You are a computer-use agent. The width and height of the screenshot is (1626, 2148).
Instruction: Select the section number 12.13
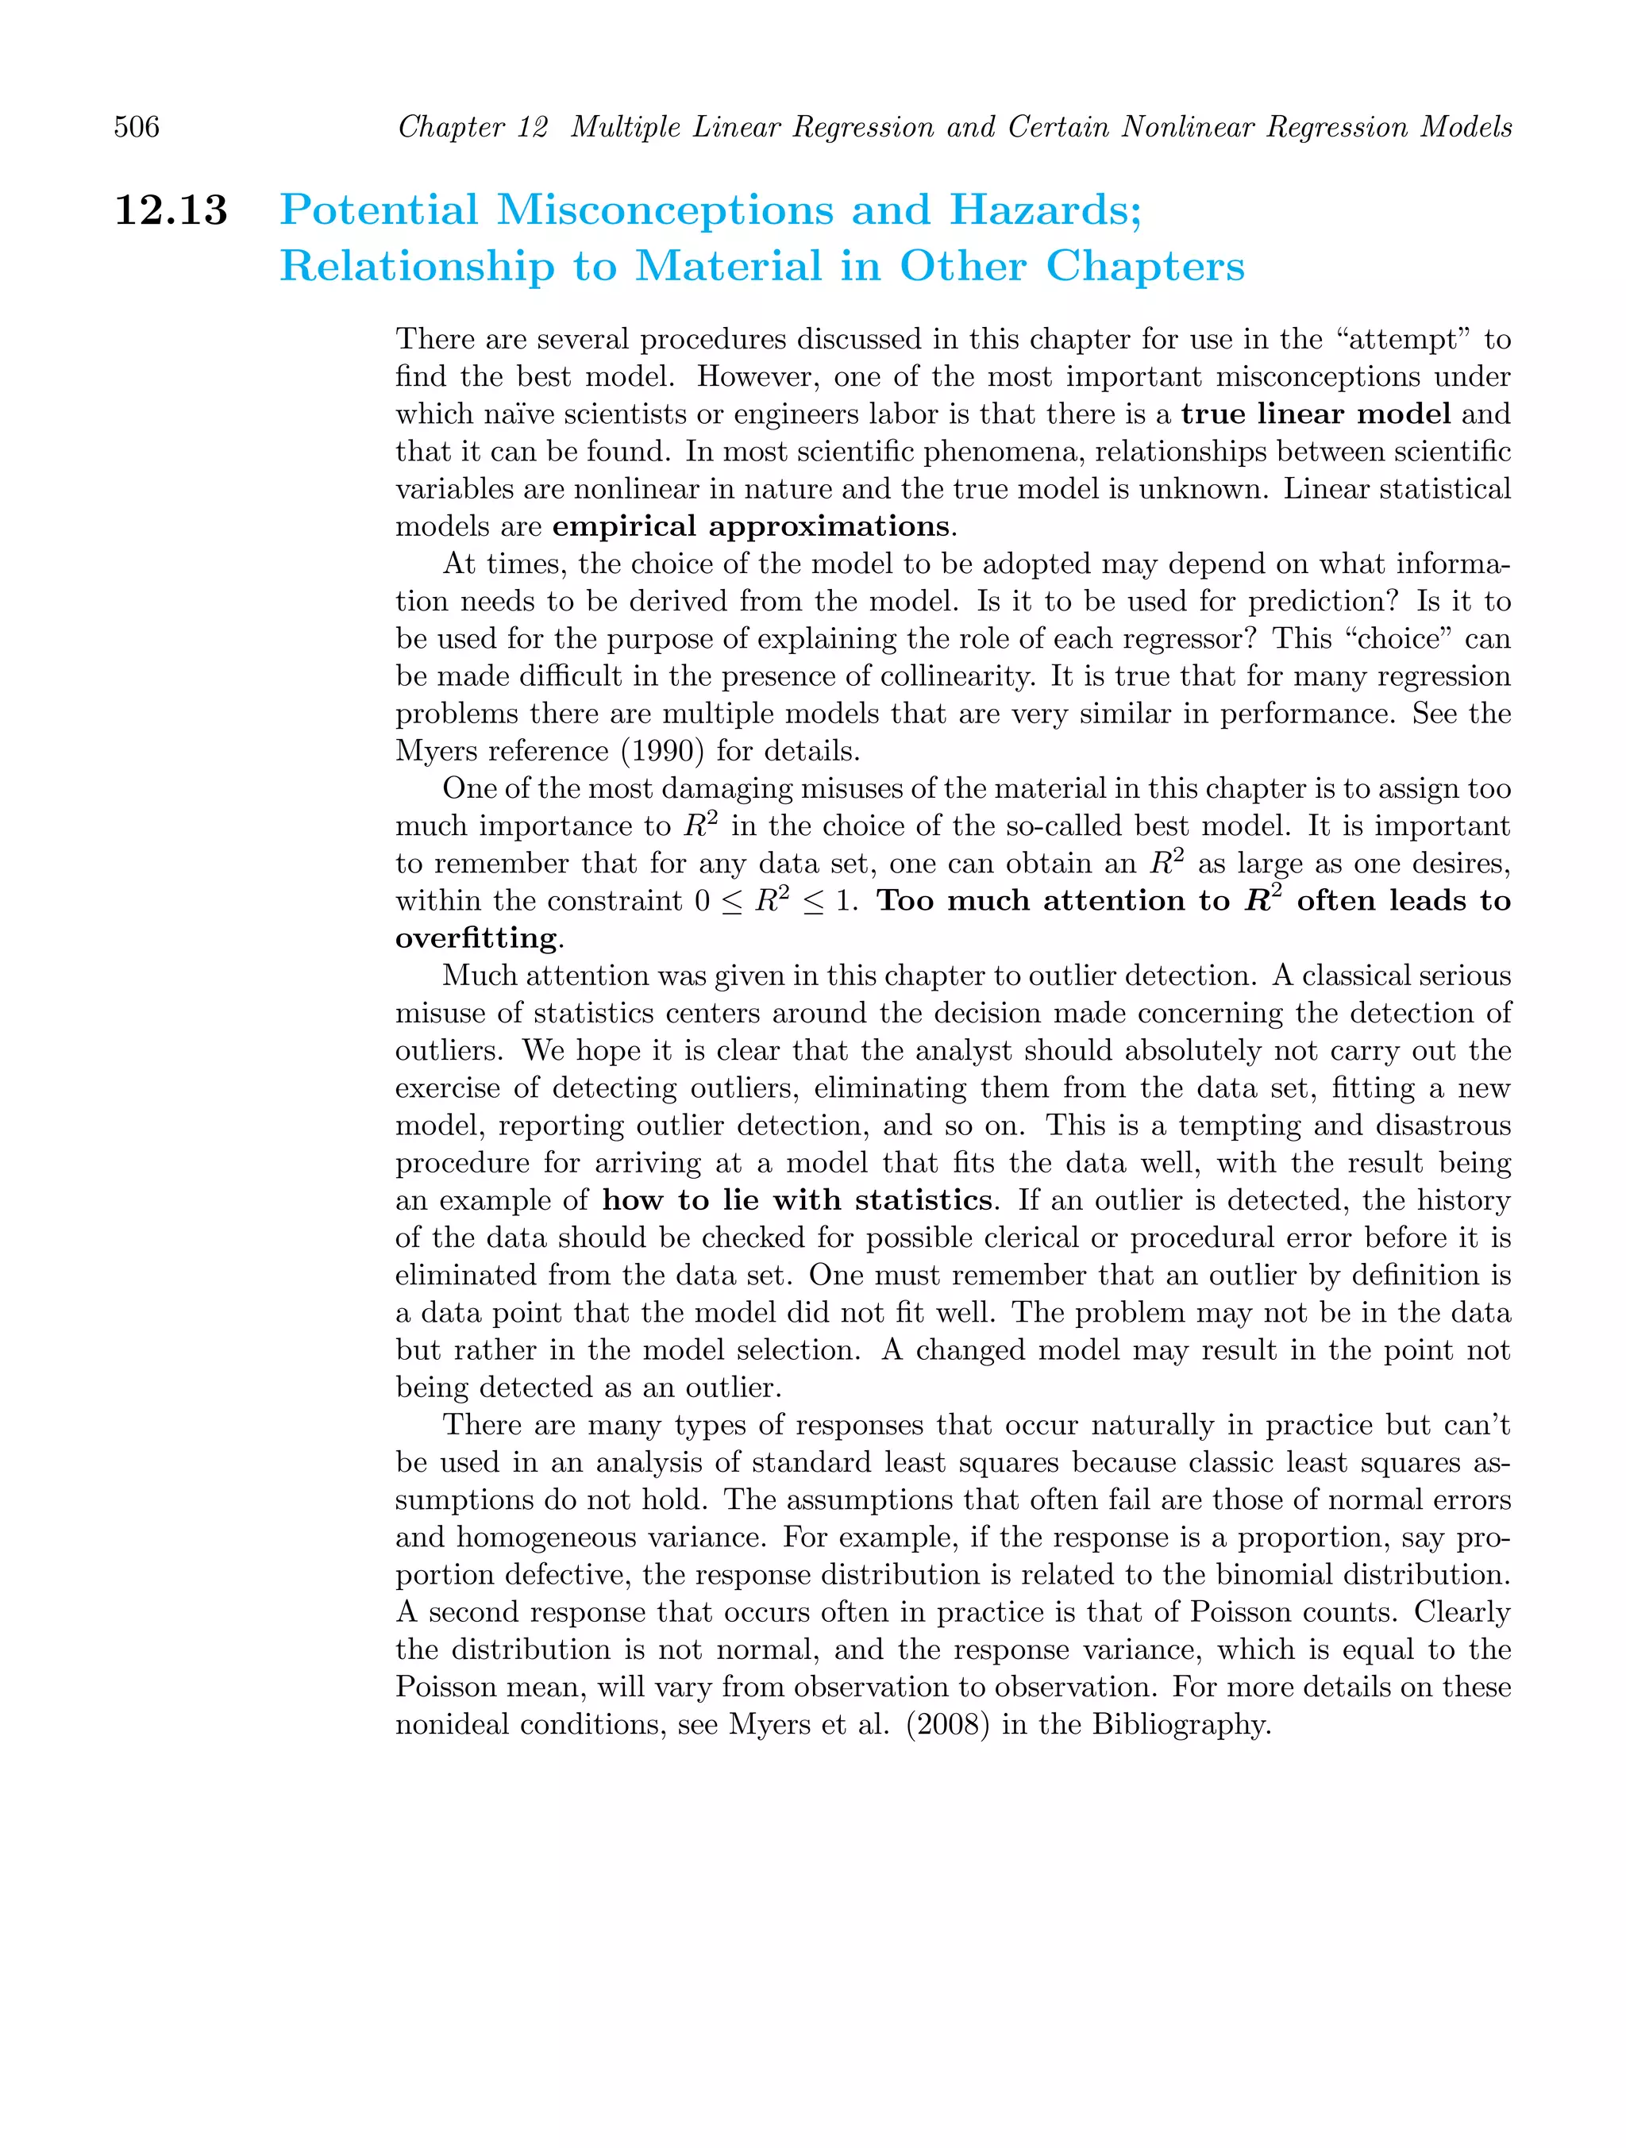[x=171, y=210]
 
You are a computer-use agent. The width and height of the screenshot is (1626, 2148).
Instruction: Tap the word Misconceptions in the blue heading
[x=665, y=210]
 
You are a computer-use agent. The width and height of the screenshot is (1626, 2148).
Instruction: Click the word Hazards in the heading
[x=1044, y=210]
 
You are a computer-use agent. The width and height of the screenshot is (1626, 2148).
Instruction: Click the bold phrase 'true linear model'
[x=1316, y=414]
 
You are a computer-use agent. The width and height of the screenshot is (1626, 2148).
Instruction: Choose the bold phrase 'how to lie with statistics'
[x=796, y=1200]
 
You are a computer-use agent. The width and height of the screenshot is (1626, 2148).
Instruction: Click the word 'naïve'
[x=514, y=414]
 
